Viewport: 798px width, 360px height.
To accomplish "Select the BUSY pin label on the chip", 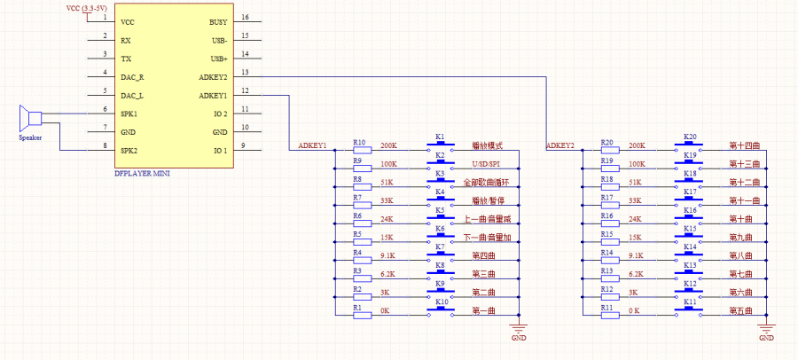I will [x=217, y=21].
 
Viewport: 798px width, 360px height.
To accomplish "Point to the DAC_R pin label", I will [x=133, y=77].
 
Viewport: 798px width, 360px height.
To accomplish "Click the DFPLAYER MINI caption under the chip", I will [x=142, y=174].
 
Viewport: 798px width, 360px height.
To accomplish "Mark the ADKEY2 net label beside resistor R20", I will [x=560, y=145].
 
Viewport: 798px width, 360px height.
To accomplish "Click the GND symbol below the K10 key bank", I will [x=519, y=332].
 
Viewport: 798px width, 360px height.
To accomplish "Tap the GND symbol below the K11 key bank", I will [x=767, y=332].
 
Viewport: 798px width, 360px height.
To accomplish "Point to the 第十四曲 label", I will [x=745, y=145].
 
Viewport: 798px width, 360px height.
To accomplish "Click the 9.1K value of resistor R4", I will [x=388, y=254].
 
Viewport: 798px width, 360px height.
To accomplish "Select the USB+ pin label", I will [x=218, y=59].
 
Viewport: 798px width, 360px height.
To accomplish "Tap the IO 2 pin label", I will [x=219, y=114].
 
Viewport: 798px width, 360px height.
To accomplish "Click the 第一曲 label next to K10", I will [x=484, y=310].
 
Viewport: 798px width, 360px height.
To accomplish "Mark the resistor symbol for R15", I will [x=609, y=241].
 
